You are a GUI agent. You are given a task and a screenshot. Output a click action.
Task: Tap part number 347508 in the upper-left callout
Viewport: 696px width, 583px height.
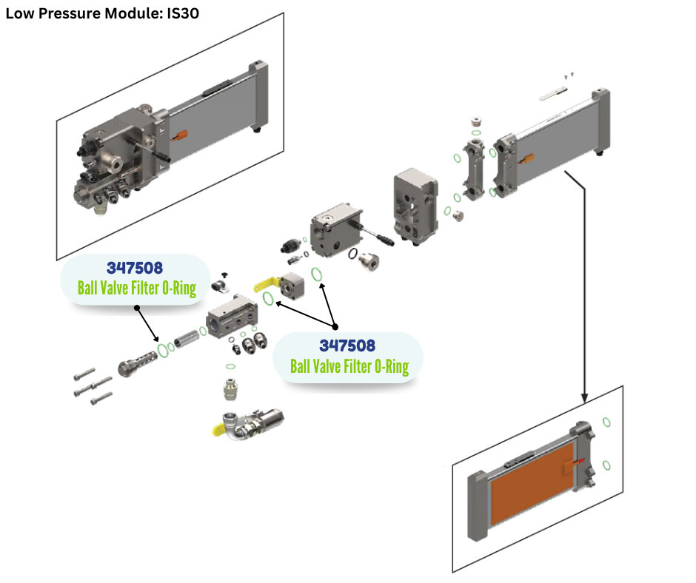pos(134,268)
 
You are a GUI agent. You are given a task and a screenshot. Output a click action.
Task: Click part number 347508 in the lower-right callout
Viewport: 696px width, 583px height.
pos(347,346)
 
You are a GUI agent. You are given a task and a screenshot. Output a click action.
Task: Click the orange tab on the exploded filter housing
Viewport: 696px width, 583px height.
pos(527,159)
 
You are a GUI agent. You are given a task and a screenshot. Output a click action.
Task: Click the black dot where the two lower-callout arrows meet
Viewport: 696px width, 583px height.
pos(335,326)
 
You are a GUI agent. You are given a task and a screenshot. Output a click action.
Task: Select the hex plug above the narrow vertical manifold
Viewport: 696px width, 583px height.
pos(477,121)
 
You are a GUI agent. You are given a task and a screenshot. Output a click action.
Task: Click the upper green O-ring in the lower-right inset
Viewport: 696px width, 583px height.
pos(606,422)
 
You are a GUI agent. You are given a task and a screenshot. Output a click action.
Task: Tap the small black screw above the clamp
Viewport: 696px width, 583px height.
pos(222,274)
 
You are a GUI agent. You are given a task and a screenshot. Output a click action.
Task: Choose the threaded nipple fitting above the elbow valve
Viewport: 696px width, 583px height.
pos(230,388)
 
